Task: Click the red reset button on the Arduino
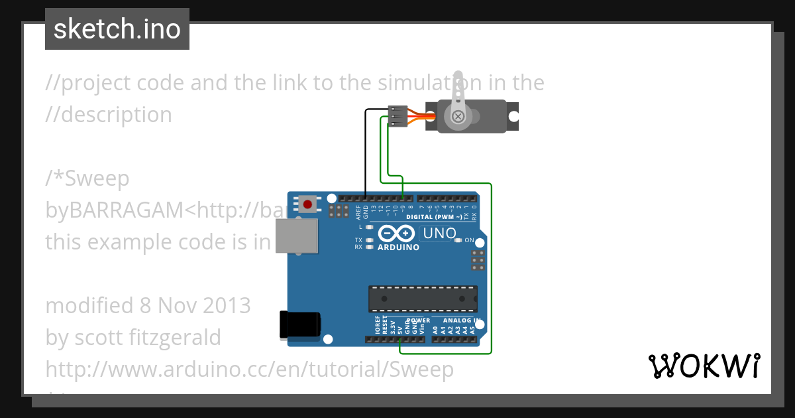click(307, 202)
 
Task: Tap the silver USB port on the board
click(295, 236)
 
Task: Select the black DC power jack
click(300, 324)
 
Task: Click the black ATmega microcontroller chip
click(423, 299)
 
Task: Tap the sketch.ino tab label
click(117, 29)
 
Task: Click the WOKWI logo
click(704, 366)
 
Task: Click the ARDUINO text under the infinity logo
click(398, 247)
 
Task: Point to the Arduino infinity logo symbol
click(397, 234)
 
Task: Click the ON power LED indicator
click(458, 240)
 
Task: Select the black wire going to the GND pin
click(366, 153)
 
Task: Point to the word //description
click(109, 115)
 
